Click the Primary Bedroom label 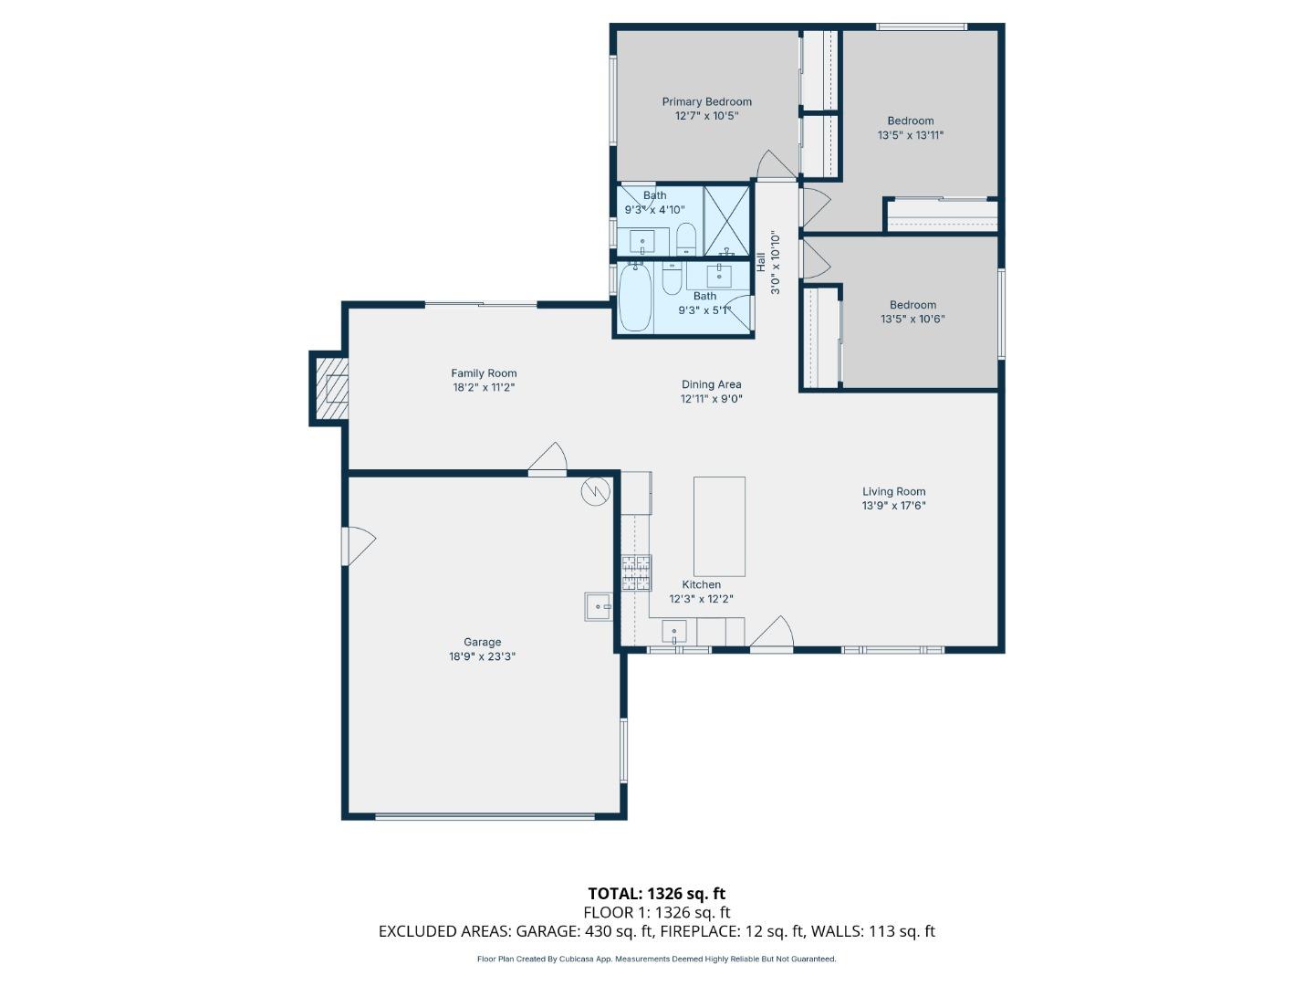(x=706, y=101)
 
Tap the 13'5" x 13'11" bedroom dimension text (x=910, y=135)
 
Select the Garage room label (x=482, y=642)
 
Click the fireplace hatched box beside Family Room (x=332, y=389)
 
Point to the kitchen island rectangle (x=719, y=526)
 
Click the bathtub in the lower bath (x=635, y=299)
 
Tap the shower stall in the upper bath (x=726, y=220)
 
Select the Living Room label (x=893, y=491)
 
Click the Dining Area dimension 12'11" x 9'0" (x=711, y=399)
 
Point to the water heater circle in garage (x=594, y=491)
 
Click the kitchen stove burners (x=636, y=572)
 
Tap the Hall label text (x=760, y=262)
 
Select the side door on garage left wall (x=358, y=546)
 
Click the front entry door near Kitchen (x=773, y=635)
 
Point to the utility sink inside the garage (x=599, y=606)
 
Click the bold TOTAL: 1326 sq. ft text (x=656, y=893)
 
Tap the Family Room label (x=484, y=372)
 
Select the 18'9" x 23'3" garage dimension (x=482, y=656)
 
